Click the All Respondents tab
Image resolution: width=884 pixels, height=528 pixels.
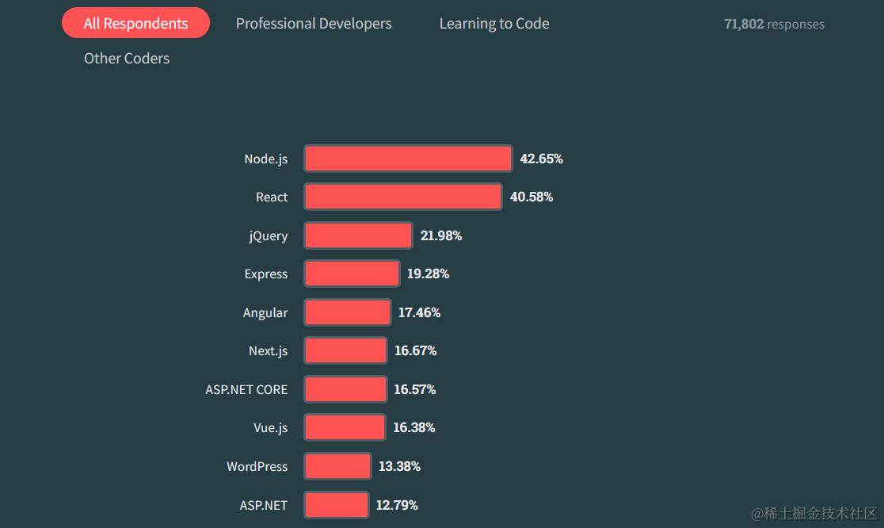click(135, 23)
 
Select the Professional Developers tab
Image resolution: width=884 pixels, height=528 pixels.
click(314, 24)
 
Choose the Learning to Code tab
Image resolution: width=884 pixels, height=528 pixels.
click(494, 24)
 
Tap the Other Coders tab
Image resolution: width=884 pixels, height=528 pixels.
click(127, 58)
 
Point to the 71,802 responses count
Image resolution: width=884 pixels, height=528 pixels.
click(774, 25)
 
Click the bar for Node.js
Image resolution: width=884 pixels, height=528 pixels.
click(408, 159)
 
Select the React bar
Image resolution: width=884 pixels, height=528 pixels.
click(403, 197)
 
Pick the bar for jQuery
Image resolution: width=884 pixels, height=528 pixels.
click(358, 235)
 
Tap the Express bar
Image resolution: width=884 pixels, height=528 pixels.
click(352, 274)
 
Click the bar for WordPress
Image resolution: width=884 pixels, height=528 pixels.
click(337, 466)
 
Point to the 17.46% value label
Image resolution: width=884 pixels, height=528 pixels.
click(419, 312)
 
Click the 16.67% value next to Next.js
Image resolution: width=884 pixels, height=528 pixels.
click(415, 350)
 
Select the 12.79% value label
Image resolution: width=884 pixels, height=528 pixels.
click(397, 505)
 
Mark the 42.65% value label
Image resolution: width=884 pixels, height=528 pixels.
click(541, 159)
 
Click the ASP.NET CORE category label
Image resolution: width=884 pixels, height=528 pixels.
click(246, 389)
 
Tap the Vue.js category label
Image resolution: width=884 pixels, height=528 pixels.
click(270, 428)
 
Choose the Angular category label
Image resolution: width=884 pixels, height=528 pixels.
click(265, 312)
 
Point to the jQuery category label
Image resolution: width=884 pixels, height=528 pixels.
click(268, 236)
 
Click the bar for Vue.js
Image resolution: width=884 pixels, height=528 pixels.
click(345, 427)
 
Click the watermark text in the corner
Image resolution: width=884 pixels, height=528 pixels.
click(814, 514)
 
